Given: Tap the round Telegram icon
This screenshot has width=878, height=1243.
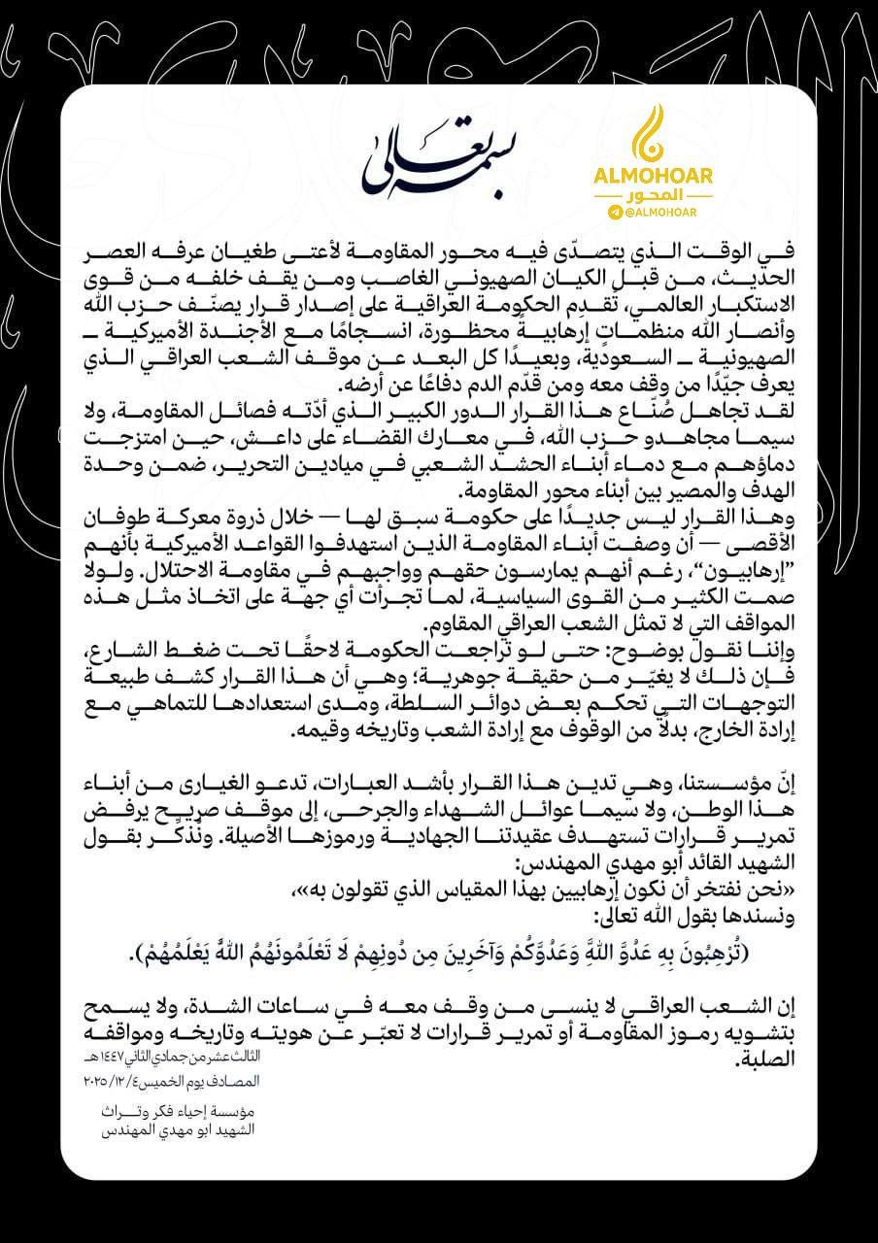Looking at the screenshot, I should [614, 211].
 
